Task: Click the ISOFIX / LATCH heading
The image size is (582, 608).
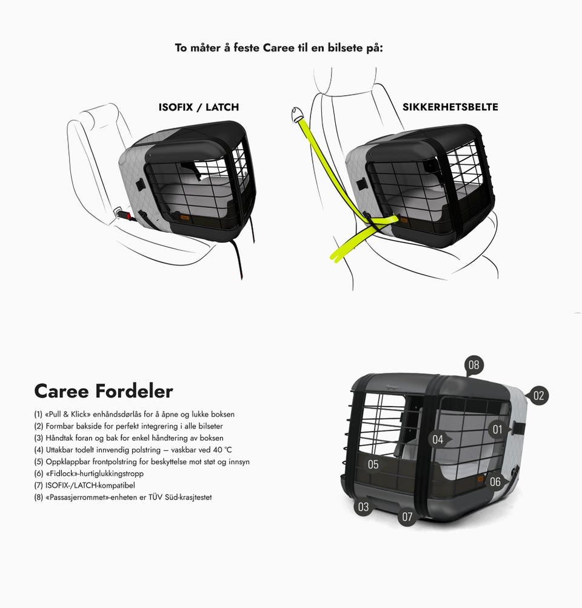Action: pyautogui.click(x=198, y=107)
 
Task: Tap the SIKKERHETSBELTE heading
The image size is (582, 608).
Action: pyautogui.click(x=450, y=107)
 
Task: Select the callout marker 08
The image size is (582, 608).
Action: pyautogui.click(x=474, y=366)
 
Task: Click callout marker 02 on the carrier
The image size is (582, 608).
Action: pyautogui.click(x=538, y=395)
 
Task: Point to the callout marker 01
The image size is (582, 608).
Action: pyautogui.click(x=498, y=430)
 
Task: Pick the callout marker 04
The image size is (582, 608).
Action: pyautogui.click(x=438, y=439)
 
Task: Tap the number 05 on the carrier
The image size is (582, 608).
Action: pyautogui.click(x=373, y=464)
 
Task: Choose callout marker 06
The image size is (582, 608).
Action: pyautogui.click(x=495, y=481)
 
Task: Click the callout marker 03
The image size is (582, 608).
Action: pyautogui.click(x=363, y=506)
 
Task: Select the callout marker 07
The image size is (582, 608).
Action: pyautogui.click(x=407, y=516)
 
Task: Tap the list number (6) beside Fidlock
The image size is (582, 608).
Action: pyautogui.click(x=38, y=473)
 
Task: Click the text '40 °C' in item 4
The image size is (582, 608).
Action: pyautogui.click(x=222, y=450)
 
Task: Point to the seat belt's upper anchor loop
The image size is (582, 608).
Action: pyautogui.click(x=298, y=113)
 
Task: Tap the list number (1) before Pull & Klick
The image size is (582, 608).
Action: pyautogui.click(x=38, y=414)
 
